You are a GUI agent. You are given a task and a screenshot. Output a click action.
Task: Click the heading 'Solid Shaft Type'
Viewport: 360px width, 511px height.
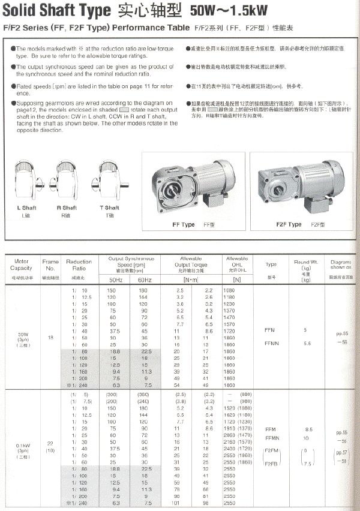point(57,11)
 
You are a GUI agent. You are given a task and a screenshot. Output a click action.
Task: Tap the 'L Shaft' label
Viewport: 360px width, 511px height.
point(26,208)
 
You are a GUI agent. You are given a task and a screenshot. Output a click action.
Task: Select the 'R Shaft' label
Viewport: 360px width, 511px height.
point(67,208)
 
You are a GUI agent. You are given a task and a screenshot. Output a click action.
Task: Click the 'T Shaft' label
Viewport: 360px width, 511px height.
point(109,208)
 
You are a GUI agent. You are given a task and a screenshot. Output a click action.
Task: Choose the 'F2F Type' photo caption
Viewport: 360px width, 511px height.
point(289,224)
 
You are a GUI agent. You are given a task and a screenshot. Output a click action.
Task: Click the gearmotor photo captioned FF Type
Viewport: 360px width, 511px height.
point(193,185)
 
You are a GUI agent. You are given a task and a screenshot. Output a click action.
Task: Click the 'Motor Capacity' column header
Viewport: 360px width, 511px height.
point(22,265)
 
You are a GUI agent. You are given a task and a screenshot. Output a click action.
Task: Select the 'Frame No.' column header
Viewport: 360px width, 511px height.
point(50,265)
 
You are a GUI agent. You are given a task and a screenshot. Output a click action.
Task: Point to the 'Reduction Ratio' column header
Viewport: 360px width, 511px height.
point(79,265)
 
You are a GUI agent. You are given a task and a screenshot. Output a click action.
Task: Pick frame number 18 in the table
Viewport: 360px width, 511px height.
point(50,338)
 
